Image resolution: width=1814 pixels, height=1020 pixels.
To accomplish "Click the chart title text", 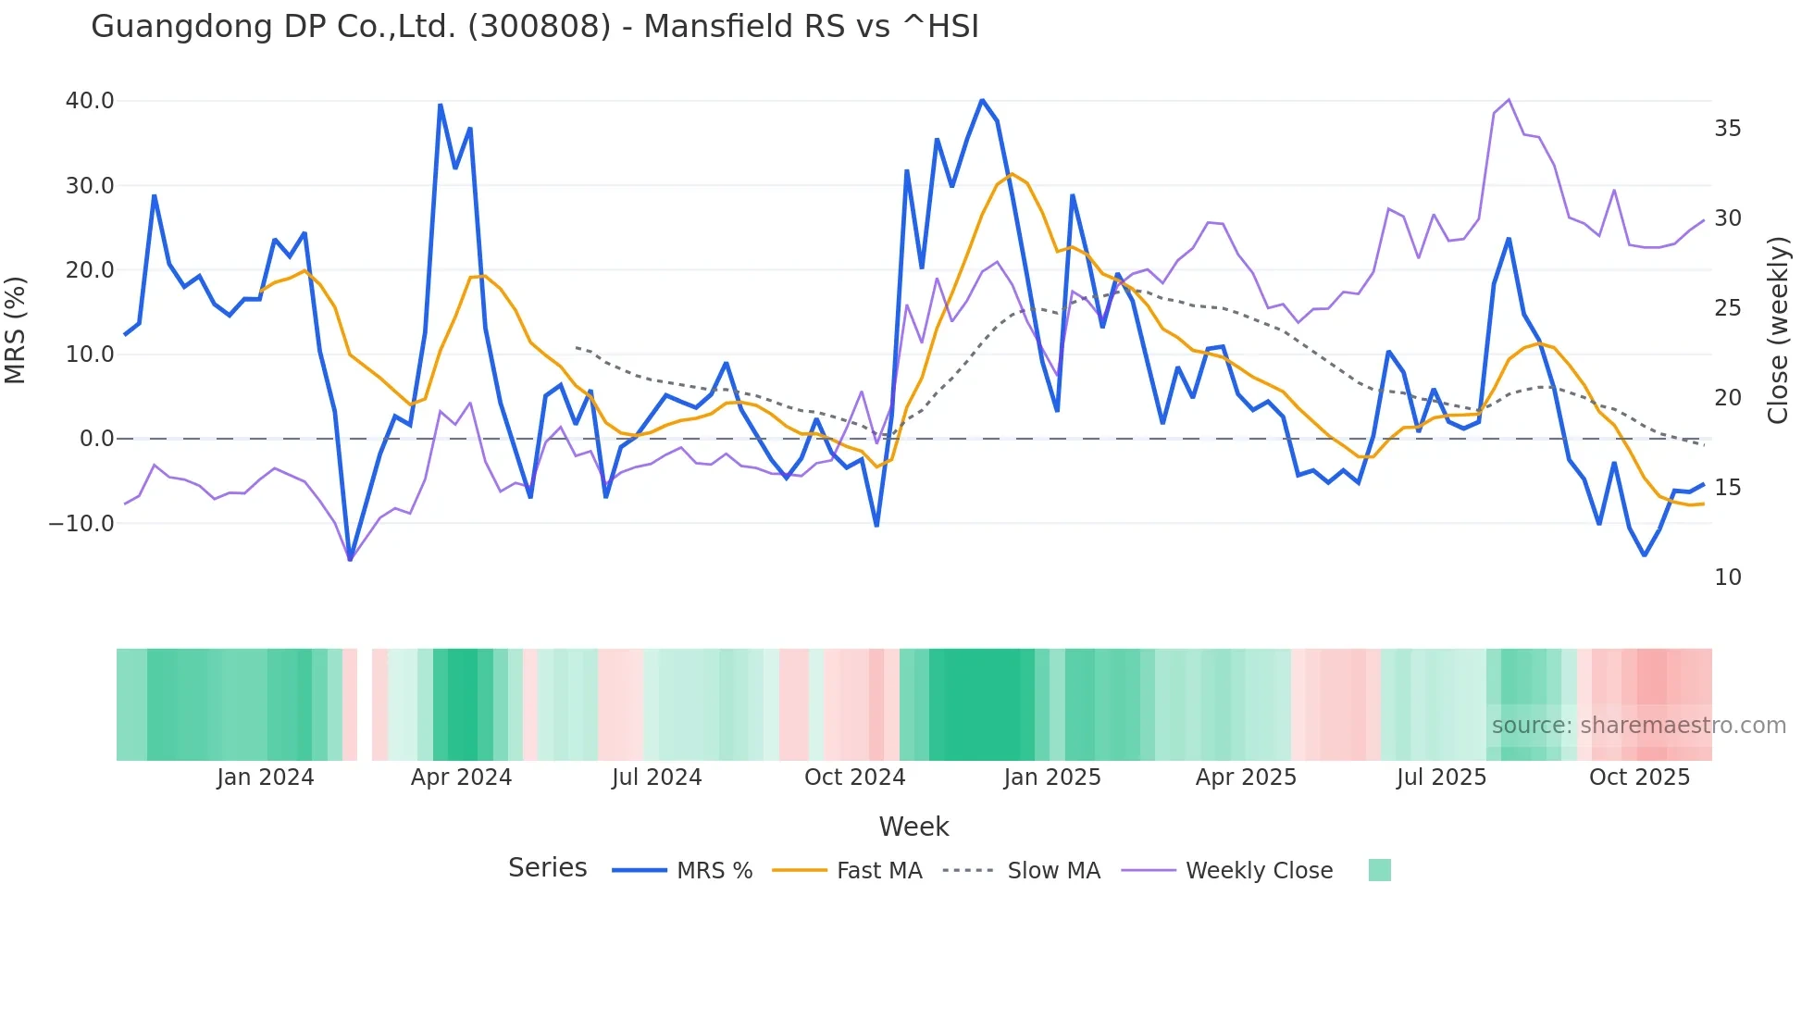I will pyautogui.click(x=534, y=26).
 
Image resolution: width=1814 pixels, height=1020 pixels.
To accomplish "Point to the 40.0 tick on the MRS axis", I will pyautogui.click(x=90, y=101).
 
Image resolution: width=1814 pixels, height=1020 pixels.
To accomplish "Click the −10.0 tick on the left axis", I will pyautogui.click(x=81, y=524).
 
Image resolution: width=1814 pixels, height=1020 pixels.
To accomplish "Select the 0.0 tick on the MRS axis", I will pyautogui.click(x=96, y=439).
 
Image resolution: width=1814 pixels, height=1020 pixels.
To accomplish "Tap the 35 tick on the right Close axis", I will pyautogui.click(x=1727, y=129).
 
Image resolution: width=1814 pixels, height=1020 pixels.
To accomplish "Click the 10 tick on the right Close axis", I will pyautogui.click(x=1727, y=578).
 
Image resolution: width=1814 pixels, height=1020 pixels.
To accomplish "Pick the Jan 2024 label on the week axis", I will pyautogui.click(x=266, y=777).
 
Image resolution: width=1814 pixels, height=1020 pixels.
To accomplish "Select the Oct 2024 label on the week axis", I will pyautogui.click(x=854, y=777).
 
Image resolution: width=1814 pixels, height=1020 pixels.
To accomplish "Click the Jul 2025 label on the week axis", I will pyautogui.click(x=1441, y=777).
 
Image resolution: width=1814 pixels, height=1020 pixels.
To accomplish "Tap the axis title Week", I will pyautogui.click(x=913, y=827).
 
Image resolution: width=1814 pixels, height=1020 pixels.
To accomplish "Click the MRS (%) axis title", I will pyautogui.click(x=16, y=330).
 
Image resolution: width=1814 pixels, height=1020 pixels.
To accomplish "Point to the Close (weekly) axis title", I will pyautogui.click(x=1778, y=330).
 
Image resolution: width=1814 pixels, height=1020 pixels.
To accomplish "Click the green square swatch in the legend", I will pyautogui.click(x=1379, y=870).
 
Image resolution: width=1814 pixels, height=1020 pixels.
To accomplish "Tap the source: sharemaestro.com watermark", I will pyautogui.click(x=1638, y=726).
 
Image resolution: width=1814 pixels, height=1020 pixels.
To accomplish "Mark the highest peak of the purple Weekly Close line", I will pyautogui.click(x=1509, y=100).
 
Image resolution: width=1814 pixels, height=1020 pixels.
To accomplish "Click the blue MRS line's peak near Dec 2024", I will pyautogui.click(x=982, y=100).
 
